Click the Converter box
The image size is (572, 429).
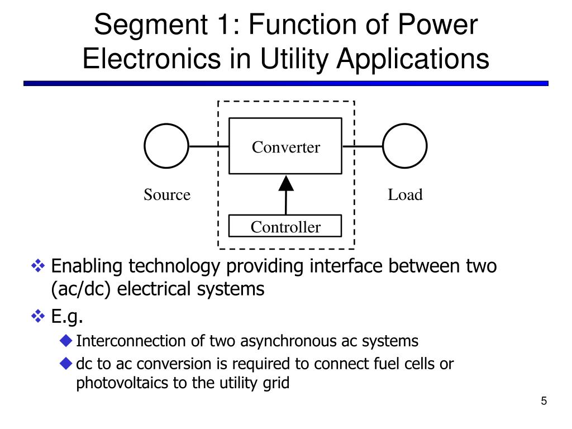285,146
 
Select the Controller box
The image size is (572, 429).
285,226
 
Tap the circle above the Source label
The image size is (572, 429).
166,146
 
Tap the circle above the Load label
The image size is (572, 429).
405,146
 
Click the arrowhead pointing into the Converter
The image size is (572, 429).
286,183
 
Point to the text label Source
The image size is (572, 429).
167,195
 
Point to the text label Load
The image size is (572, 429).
405,195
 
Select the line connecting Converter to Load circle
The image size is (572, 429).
363,147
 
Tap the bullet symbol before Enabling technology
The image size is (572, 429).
39,266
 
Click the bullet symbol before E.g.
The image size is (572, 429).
39,317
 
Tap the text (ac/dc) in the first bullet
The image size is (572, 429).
82,289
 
